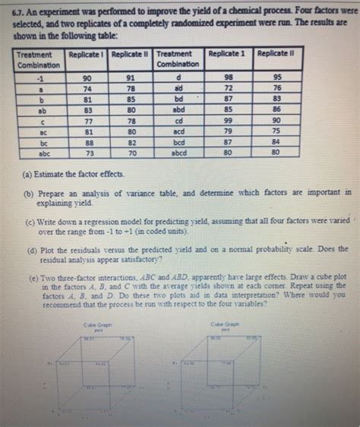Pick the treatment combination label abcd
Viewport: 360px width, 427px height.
click(182, 152)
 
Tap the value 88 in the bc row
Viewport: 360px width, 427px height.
click(88, 141)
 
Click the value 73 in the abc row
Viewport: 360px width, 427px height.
click(88, 152)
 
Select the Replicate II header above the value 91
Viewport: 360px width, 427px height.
click(131, 55)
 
